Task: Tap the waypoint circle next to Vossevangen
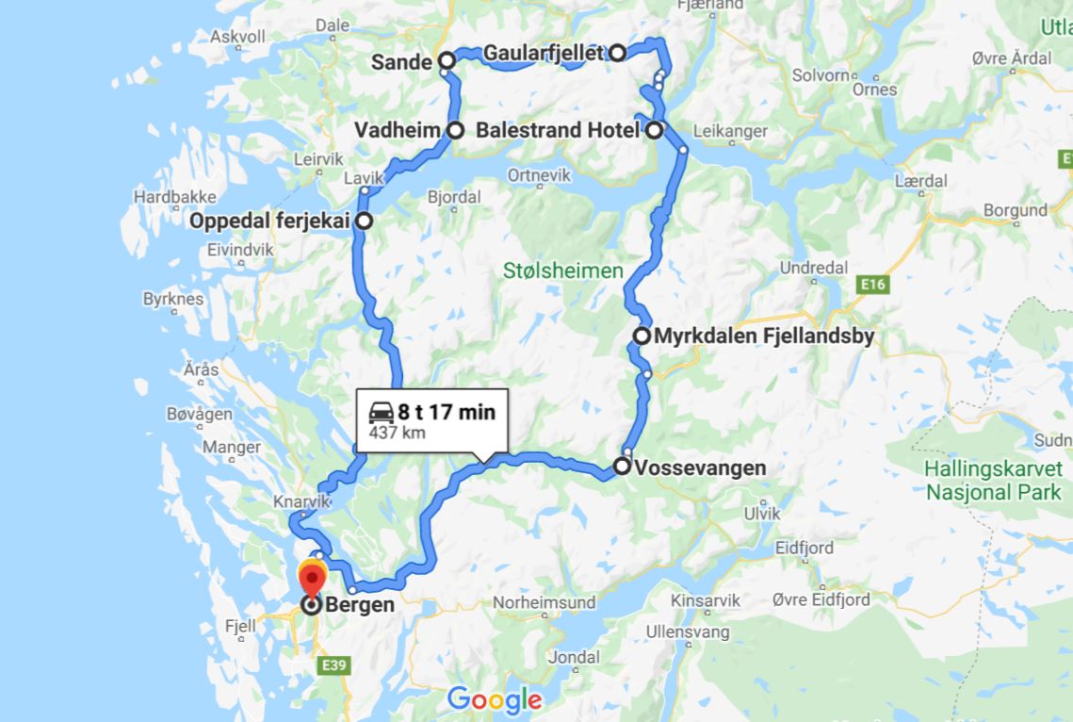pyautogui.click(x=623, y=466)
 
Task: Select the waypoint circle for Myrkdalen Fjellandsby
pyautogui.click(x=642, y=336)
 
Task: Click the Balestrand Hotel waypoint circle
pyautogui.click(x=654, y=130)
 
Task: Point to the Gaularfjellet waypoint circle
pyautogui.click(x=617, y=53)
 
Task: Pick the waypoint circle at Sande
pyautogui.click(x=447, y=62)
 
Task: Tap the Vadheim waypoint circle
pyautogui.click(x=455, y=130)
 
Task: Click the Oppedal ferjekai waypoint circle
pyautogui.click(x=363, y=222)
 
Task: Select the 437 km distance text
pyautogui.click(x=398, y=434)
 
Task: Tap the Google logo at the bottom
pyautogui.click(x=495, y=699)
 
